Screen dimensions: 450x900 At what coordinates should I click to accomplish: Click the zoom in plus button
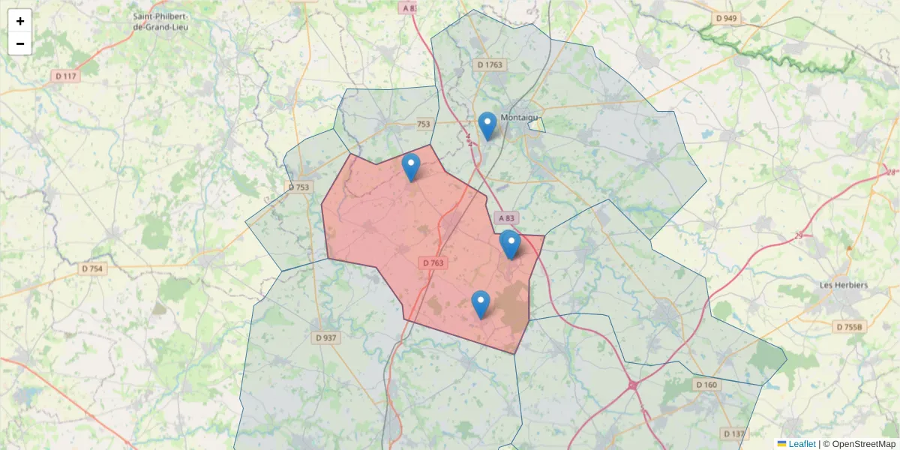click(x=20, y=21)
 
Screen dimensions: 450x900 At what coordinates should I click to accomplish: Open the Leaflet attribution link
click(x=801, y=443)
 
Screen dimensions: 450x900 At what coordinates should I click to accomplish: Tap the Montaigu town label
click(x=520, y=117)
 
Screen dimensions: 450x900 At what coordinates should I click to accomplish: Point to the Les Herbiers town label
click(x=843, y=285)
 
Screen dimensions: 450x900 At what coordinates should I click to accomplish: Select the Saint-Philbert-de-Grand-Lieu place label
click(x=160, y=21)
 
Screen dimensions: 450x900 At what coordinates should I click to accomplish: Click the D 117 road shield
click(x=66, y=76)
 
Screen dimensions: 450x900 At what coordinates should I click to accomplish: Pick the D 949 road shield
click(x=726, y=18)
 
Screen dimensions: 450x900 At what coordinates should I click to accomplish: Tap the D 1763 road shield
click(x=490, y=65)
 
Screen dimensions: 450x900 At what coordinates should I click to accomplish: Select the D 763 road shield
click(x=433, y=262)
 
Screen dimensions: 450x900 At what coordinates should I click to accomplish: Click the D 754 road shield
click(x=91, y=268)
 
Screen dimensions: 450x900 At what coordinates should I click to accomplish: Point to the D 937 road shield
click(x=325, y=338)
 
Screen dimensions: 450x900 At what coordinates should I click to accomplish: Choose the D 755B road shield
click(x=850, y=326)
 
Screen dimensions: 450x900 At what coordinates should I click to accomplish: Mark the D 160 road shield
click(x=706, y=385)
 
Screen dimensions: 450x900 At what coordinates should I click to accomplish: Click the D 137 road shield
click(x=734, y=433)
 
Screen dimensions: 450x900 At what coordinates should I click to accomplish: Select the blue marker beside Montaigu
click(x=487, y=126)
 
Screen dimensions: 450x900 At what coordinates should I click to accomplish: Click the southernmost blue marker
click(x=481, y=304)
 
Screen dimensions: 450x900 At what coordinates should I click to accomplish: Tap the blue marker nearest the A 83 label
click(x=510, y=244)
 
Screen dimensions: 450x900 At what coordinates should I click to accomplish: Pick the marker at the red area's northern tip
click(x=411, y=167)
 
